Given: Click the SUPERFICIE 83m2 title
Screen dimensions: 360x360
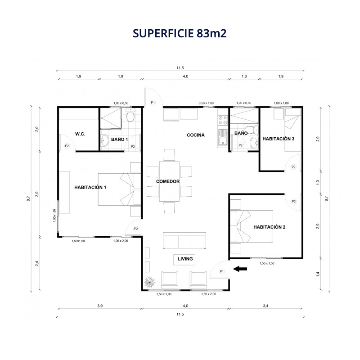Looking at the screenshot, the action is (x=180, y=33).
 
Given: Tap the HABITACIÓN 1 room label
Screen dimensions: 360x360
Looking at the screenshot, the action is (x=90, y=187).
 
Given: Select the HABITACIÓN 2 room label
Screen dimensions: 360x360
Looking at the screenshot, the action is (x=269, y=227).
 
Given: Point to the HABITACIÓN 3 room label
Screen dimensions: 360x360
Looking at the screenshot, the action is (x=278, y=139).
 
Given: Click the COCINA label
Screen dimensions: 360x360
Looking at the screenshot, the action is (x=196, y=135).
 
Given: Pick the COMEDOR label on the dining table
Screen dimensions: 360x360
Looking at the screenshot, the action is (x=168, y=181).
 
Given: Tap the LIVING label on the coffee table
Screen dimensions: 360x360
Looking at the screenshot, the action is (x=185, y=259).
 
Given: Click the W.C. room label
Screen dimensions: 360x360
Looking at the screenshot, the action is (x=80, y=134).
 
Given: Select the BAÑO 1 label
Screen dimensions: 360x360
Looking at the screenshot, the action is (x=119, y=139).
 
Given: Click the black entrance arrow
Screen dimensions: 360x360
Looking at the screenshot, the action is (x=240, y=269).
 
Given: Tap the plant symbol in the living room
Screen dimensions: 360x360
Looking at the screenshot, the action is (x=149, y=282).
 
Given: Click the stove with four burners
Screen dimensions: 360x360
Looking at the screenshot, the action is (x=222, y=120).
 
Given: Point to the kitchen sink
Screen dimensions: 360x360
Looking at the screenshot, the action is (x=222, y=137).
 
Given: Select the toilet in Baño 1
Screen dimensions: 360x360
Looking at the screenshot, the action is (x=130, y=116).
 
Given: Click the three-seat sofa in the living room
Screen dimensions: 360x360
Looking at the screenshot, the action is (x=184, y=241).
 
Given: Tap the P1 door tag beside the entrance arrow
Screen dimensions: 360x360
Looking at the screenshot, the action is (x=221, y=271).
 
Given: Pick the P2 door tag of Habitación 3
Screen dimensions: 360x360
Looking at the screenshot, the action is (x=293, y=167).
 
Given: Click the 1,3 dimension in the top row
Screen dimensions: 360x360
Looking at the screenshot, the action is (x=244, y=76).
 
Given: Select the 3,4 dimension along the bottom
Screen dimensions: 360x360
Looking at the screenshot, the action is (x=265, y=306).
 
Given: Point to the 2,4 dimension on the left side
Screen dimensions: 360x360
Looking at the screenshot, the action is (x=37, y=263).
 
